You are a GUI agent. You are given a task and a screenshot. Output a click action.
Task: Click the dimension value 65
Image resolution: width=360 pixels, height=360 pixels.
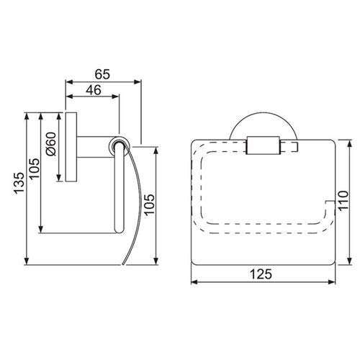coord(103,72)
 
